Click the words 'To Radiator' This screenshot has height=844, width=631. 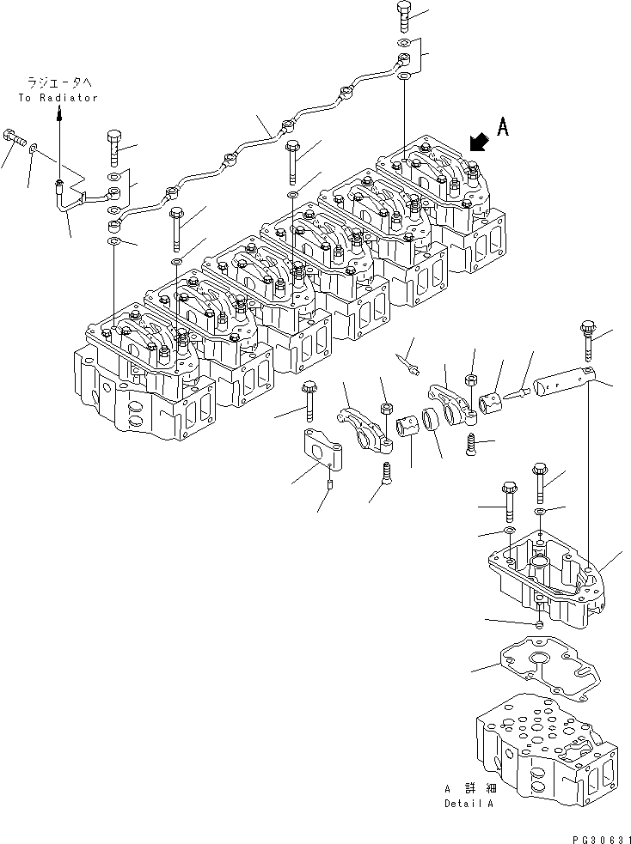tap(57, 98)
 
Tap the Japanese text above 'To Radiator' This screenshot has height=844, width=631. tap(57, 83)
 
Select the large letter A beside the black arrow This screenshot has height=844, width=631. tap(503, 128)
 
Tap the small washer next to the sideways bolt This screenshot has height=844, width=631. tap(34, 149)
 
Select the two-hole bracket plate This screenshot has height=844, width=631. tap(316, 452)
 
